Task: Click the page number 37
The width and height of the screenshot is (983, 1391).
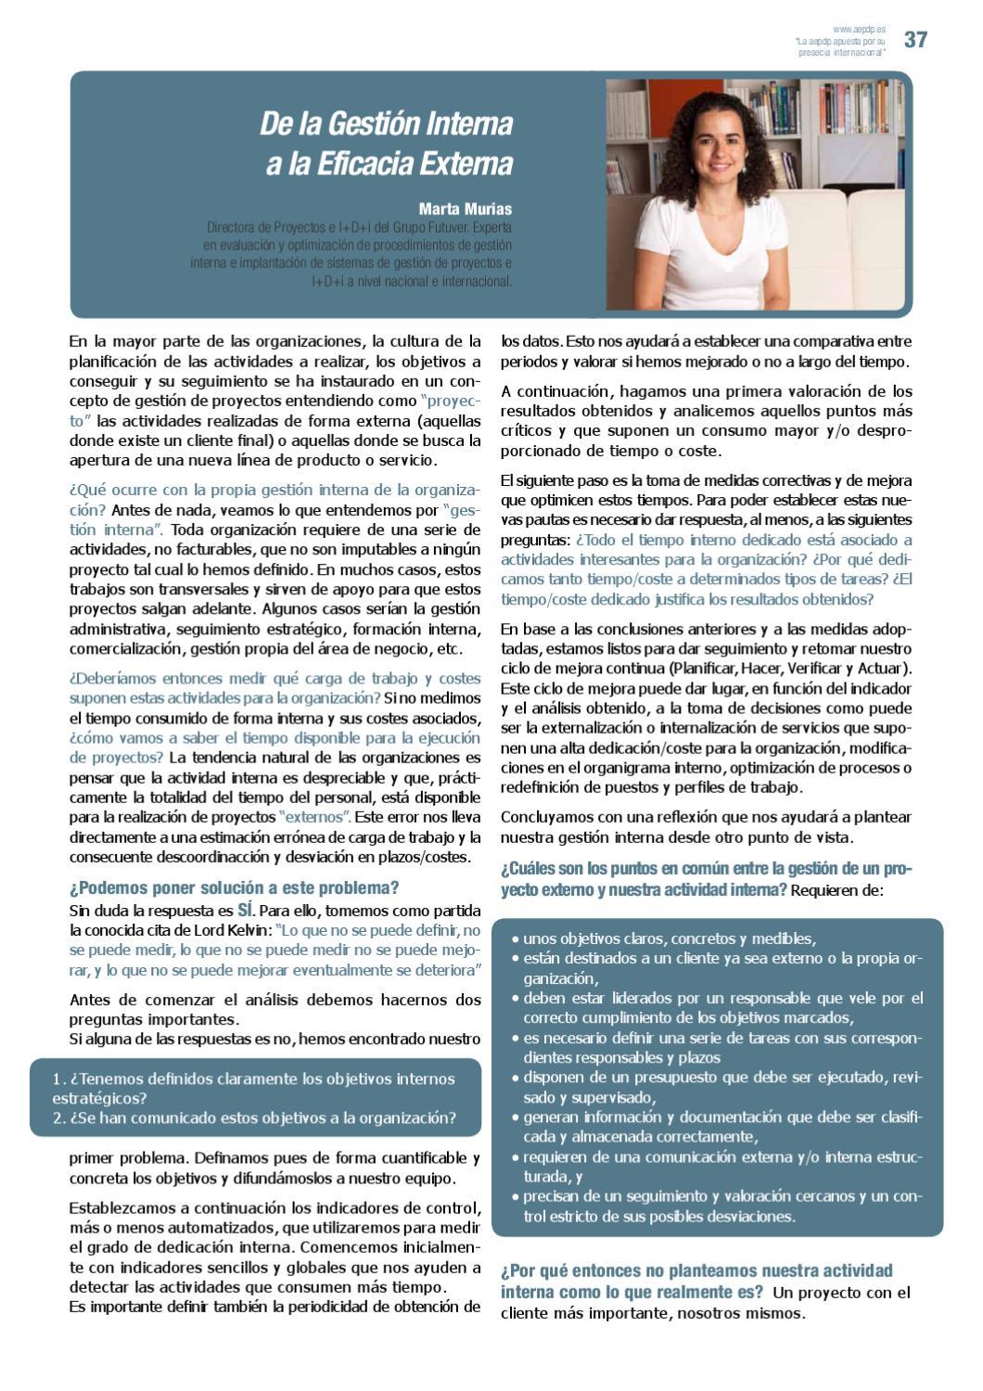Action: (x=915, y=40)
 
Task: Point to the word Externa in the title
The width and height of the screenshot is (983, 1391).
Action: (x=469, y=164)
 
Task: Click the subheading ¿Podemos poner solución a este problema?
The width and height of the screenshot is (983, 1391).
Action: (x=235, y=887)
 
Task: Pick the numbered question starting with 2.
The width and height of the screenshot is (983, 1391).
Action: (x=254, y=1117)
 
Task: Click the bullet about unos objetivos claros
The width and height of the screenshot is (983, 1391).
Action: (x=668, y=938)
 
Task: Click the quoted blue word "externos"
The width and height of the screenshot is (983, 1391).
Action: (x=314, y=817)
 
